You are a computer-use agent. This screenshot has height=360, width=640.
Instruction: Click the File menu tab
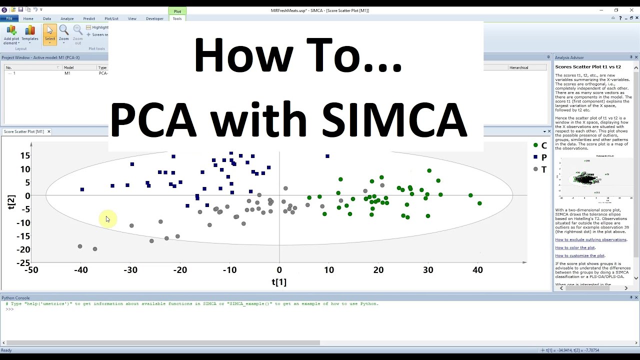9,18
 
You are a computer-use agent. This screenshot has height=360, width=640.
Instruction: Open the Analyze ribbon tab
67,18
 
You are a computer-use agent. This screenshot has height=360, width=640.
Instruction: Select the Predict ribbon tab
89,18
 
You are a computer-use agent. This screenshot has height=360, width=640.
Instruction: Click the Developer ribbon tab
154,18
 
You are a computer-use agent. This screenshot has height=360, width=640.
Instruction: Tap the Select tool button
50,34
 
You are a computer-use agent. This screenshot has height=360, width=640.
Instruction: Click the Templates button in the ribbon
30,34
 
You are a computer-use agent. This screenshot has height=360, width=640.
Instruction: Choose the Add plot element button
11,34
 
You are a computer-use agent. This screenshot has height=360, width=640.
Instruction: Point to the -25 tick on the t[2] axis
23,263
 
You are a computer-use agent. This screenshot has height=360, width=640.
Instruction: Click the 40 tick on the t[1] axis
477,270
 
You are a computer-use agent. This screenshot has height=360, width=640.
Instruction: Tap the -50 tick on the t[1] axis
31,270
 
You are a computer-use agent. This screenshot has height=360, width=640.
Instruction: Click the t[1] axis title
279,282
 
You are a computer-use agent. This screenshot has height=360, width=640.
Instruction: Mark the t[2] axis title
11,202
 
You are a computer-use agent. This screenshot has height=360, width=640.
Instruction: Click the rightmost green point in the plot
479,203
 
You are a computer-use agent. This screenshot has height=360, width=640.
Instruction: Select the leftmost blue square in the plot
82,189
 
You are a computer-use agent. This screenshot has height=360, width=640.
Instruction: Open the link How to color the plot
575,247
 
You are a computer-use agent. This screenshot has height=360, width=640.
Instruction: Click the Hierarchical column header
518,67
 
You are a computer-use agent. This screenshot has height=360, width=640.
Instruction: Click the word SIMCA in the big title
394,120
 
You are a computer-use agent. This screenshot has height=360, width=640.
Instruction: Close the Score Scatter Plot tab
48,131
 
